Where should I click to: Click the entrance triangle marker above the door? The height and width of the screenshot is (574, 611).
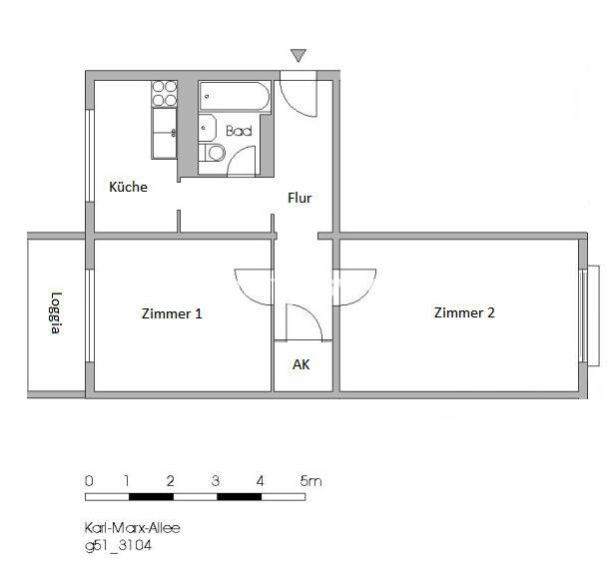[x=298, y=56]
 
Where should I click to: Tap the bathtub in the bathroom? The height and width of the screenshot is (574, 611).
[x=233, y=97]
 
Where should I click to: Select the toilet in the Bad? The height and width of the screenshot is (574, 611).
[x=212, y=156]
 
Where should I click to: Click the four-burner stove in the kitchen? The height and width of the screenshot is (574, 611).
[x=164, y=94]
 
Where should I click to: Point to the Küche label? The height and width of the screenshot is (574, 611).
[x=129, y=187]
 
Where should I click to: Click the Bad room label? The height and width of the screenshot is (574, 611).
[x=238, y=131]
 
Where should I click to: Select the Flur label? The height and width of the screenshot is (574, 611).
[x=300, y=198]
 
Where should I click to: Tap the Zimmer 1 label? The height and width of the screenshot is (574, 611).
[x=172, y=313]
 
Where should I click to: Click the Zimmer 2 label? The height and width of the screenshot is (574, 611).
[x=463, y=312]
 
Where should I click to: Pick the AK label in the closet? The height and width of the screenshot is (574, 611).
[x=301, y=364]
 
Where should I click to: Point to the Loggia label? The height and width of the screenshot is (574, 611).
[x=57, y=312]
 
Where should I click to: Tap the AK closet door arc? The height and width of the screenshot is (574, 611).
[x=305, y=321]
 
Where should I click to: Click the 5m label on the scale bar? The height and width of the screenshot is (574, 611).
[x=310, y=481]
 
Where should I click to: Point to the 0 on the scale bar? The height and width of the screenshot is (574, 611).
[x=89, y=481]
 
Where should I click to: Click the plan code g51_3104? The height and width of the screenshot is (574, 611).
[x=118, y=546]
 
